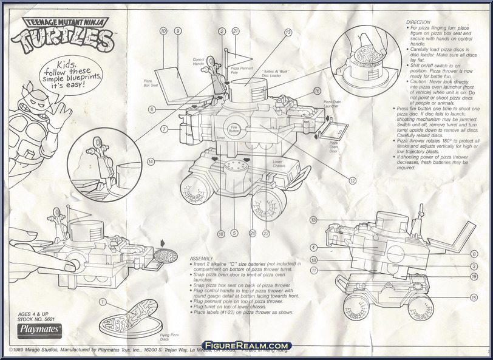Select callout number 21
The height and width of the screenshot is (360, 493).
tap(235, 31)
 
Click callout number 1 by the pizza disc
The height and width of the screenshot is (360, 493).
tap(104, 302)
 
